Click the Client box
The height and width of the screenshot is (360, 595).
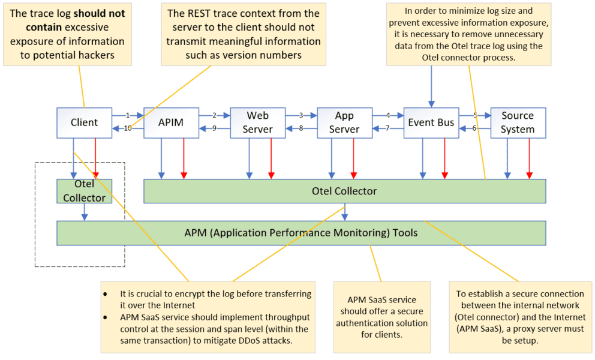tap(85, 123)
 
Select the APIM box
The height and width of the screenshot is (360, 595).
tap(172, 123)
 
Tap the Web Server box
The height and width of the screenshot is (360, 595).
tap(258, 122)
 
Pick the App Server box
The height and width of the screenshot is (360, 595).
tap(344, 122)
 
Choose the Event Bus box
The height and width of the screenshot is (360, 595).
tap(431, 123)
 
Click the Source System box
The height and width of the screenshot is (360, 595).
tap(518, 122)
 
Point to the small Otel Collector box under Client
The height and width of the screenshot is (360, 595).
tap(85, 191)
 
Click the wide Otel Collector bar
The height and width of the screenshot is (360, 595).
tap(344, 191)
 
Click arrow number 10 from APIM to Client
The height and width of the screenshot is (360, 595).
tap(128, 128)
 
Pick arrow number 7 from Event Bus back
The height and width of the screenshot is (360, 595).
tap(387, 128)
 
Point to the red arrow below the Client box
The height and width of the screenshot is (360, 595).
tap(96, 158)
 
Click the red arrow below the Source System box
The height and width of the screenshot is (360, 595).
tap(529, 158)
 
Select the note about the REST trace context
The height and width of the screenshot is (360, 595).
tap(244, 34)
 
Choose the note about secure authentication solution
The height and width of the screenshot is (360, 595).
tap(382, 317)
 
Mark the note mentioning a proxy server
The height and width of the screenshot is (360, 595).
tap(519, 317)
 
